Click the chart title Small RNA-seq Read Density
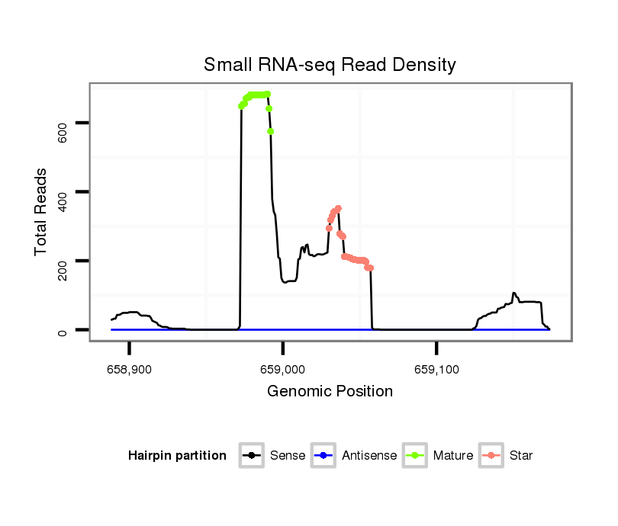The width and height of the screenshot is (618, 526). (330, 65)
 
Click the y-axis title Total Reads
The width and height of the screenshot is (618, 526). (41, 211)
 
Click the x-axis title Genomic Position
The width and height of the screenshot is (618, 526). (330, 392)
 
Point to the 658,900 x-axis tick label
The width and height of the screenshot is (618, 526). (130, 370)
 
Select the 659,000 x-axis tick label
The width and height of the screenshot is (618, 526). (283, 370)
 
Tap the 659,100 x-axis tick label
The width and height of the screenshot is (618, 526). (436, 370)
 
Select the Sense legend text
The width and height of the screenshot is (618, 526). (288, 456)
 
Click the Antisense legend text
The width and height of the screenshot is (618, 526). (369, 456)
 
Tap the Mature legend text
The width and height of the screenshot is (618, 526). (453, 456)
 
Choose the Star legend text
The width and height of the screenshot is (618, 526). (521, 456)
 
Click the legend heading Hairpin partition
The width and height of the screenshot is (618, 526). (177, 456)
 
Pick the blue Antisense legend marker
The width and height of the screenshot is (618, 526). (323, 456)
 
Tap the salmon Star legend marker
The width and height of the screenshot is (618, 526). (491, 456)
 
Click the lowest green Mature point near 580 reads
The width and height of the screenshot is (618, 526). (271, 131)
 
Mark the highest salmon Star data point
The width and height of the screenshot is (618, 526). (338, 208)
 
